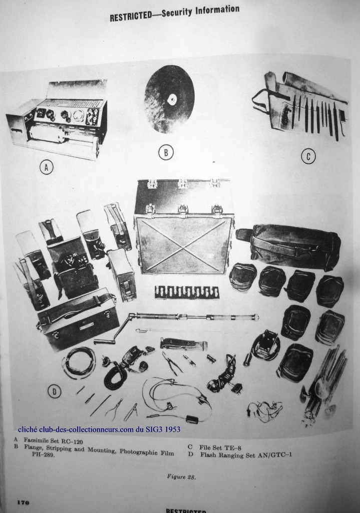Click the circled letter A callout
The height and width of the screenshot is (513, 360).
point(47,167)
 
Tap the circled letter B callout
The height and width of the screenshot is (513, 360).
point(166,153)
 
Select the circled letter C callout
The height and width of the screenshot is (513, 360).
point(308,156)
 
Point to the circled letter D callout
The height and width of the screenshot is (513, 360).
point(54,391)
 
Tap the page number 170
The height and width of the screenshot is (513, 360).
point(23,502)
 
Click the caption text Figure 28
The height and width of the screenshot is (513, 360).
point(181,477)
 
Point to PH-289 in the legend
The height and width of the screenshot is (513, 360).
point(43,455)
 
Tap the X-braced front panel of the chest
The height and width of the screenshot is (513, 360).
point(185,245)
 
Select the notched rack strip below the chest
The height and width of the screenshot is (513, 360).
point(187,292)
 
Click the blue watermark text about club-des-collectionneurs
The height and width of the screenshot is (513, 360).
point(99,429)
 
